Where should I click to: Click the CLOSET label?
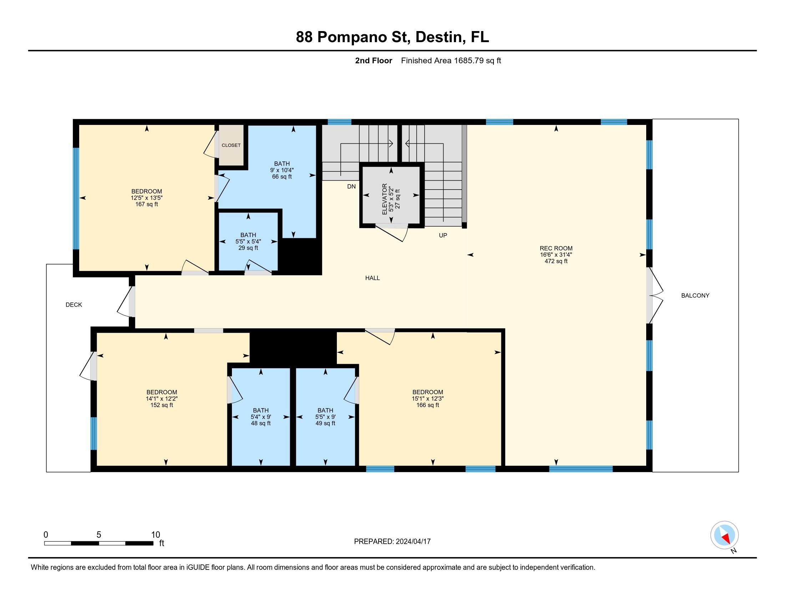point(231,145)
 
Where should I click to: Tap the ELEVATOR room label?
point(384,200)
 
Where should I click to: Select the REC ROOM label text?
point(556,248)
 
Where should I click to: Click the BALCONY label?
point(695,296)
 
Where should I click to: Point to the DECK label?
point(74,305)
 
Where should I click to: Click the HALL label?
point(372,278)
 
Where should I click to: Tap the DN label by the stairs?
point(351,186)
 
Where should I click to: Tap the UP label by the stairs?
point(442,236)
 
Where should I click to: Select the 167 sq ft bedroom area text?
point(146,204)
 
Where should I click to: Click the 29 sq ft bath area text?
point(248,248)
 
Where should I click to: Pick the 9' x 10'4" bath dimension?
point(282,170)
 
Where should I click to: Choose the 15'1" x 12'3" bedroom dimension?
point(427,398)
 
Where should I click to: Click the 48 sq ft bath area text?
point(260,423)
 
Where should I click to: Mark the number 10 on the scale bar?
point(155,535)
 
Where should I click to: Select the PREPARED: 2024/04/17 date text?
point(392,542)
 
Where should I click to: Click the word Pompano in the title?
point(363,37)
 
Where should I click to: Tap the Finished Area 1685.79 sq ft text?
point(451,61)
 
